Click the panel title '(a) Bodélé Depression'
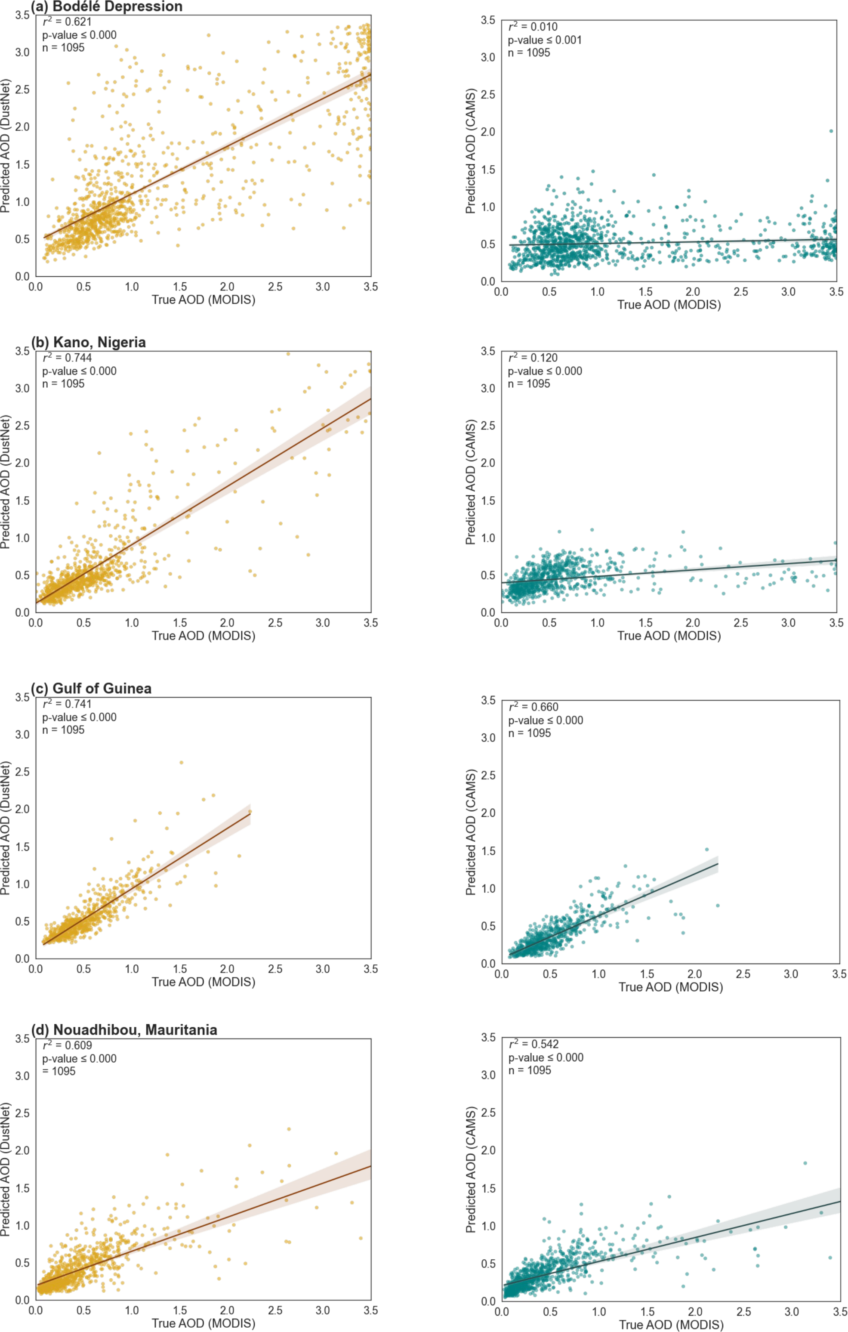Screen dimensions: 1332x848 [x=106, y=6]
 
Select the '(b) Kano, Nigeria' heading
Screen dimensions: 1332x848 [x=89, y=343]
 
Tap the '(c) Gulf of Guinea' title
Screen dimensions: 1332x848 [x=91, y=688]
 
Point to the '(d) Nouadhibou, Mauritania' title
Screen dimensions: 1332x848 [x=124, y=1029]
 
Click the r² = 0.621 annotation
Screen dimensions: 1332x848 [x=67, y=22]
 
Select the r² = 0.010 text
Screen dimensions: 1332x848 [x=533, y=27]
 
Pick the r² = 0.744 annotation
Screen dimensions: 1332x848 [x=67, y=358]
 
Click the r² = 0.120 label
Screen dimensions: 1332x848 [x=533, y=358]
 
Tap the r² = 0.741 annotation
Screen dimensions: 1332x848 [x=67, y=704]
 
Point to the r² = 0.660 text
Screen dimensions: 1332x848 [x=533, y=708]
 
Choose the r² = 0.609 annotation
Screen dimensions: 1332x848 [x=67, y=1045]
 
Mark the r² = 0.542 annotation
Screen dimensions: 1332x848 [x=533, y=1045]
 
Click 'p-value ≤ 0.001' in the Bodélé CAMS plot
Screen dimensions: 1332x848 [x=544, y=40]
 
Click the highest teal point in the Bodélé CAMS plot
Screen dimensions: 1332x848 [x=831, y=131]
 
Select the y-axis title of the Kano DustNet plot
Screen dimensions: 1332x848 [x=6, y=482]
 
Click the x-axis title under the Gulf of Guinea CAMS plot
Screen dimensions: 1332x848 [x=670, y=987]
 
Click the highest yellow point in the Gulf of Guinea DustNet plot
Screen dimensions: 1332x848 [x=181, y=762]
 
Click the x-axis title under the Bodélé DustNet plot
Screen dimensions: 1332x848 [x=204, y=300]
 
